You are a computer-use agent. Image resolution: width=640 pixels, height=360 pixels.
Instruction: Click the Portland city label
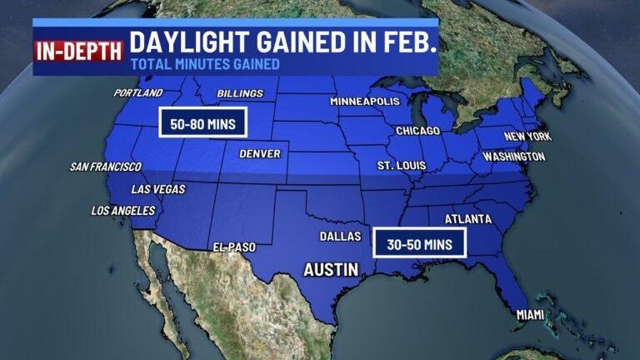point(138,92)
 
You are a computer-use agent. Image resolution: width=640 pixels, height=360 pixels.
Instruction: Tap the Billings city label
point(240,93)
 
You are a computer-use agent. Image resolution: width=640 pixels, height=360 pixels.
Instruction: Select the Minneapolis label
point(365,101)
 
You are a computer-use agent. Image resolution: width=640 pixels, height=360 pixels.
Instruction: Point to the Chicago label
point(417,131)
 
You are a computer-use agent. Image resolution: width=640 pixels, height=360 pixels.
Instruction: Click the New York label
point(527,136)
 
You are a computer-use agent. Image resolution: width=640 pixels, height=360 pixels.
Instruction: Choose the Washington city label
point(514,156)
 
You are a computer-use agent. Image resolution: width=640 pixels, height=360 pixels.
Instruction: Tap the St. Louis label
point(401,166)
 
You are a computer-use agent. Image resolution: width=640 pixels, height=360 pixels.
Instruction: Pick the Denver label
point(259,153)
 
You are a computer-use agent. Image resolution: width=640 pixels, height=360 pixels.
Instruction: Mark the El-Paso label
point(233,247)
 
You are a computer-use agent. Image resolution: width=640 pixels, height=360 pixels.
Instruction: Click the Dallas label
point(340,237)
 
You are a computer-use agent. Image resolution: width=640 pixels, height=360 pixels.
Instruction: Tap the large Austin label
point(331,269)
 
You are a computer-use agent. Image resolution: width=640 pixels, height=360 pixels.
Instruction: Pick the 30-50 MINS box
point(419,243)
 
